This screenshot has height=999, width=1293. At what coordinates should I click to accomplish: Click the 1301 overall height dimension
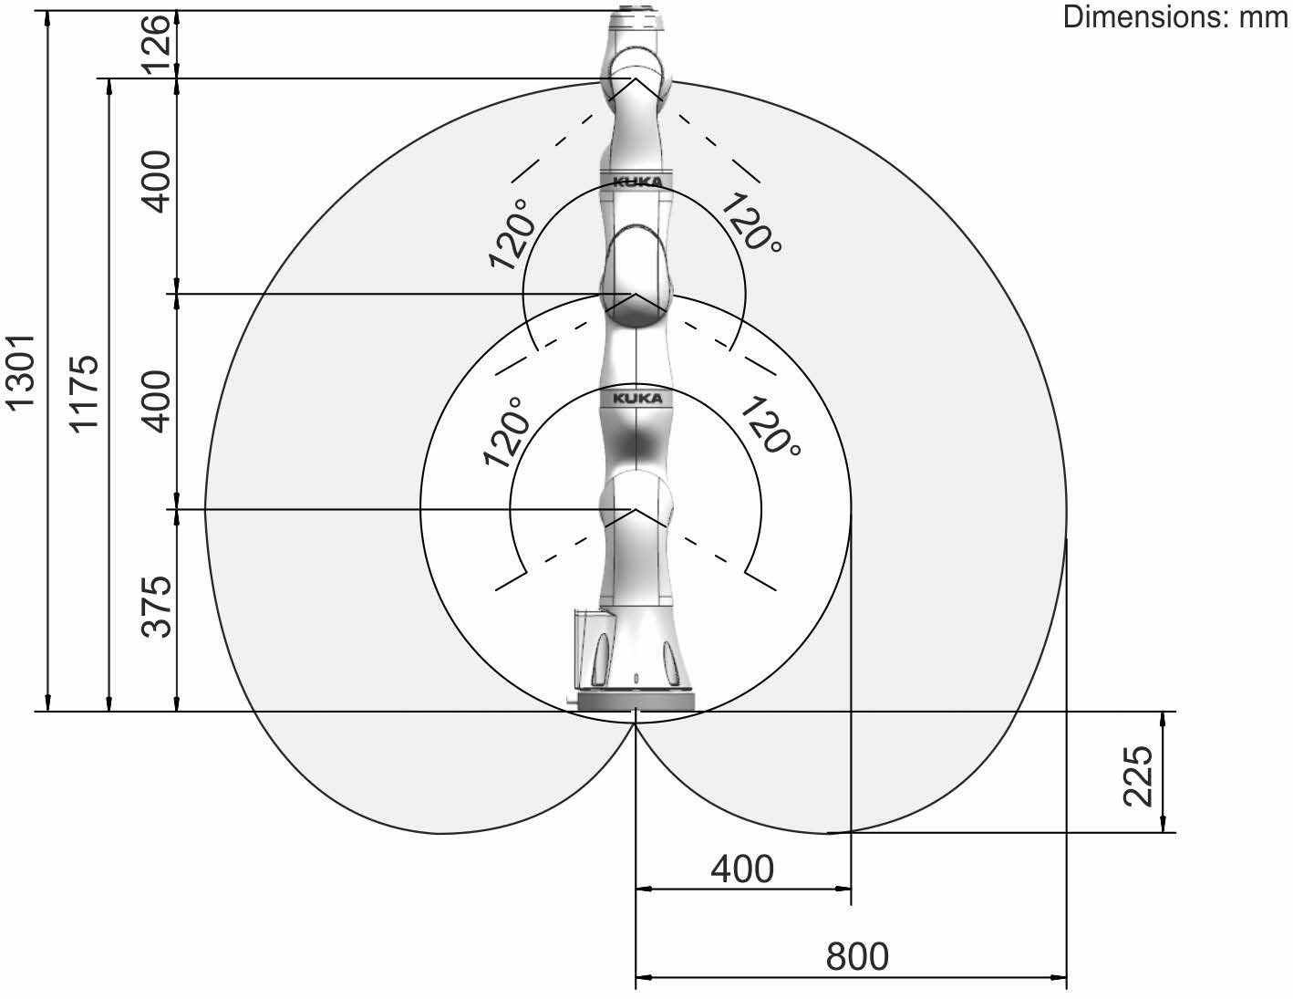[x=20, y=372]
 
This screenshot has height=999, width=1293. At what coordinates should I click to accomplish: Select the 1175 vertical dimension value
[x=84, y=394]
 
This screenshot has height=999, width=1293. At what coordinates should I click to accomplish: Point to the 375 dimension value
[x=157, y=607]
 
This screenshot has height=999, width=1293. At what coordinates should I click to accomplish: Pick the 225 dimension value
[x=1138, y=775]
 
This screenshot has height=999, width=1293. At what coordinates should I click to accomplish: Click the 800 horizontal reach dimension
[x=857, y=956]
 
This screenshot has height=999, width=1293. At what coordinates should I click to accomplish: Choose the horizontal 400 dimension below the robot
[x=742, y=869]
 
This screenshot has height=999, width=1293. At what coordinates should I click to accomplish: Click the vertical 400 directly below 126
[x=157, y=181]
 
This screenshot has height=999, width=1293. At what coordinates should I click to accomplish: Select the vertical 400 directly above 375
[x=157, y=401]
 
